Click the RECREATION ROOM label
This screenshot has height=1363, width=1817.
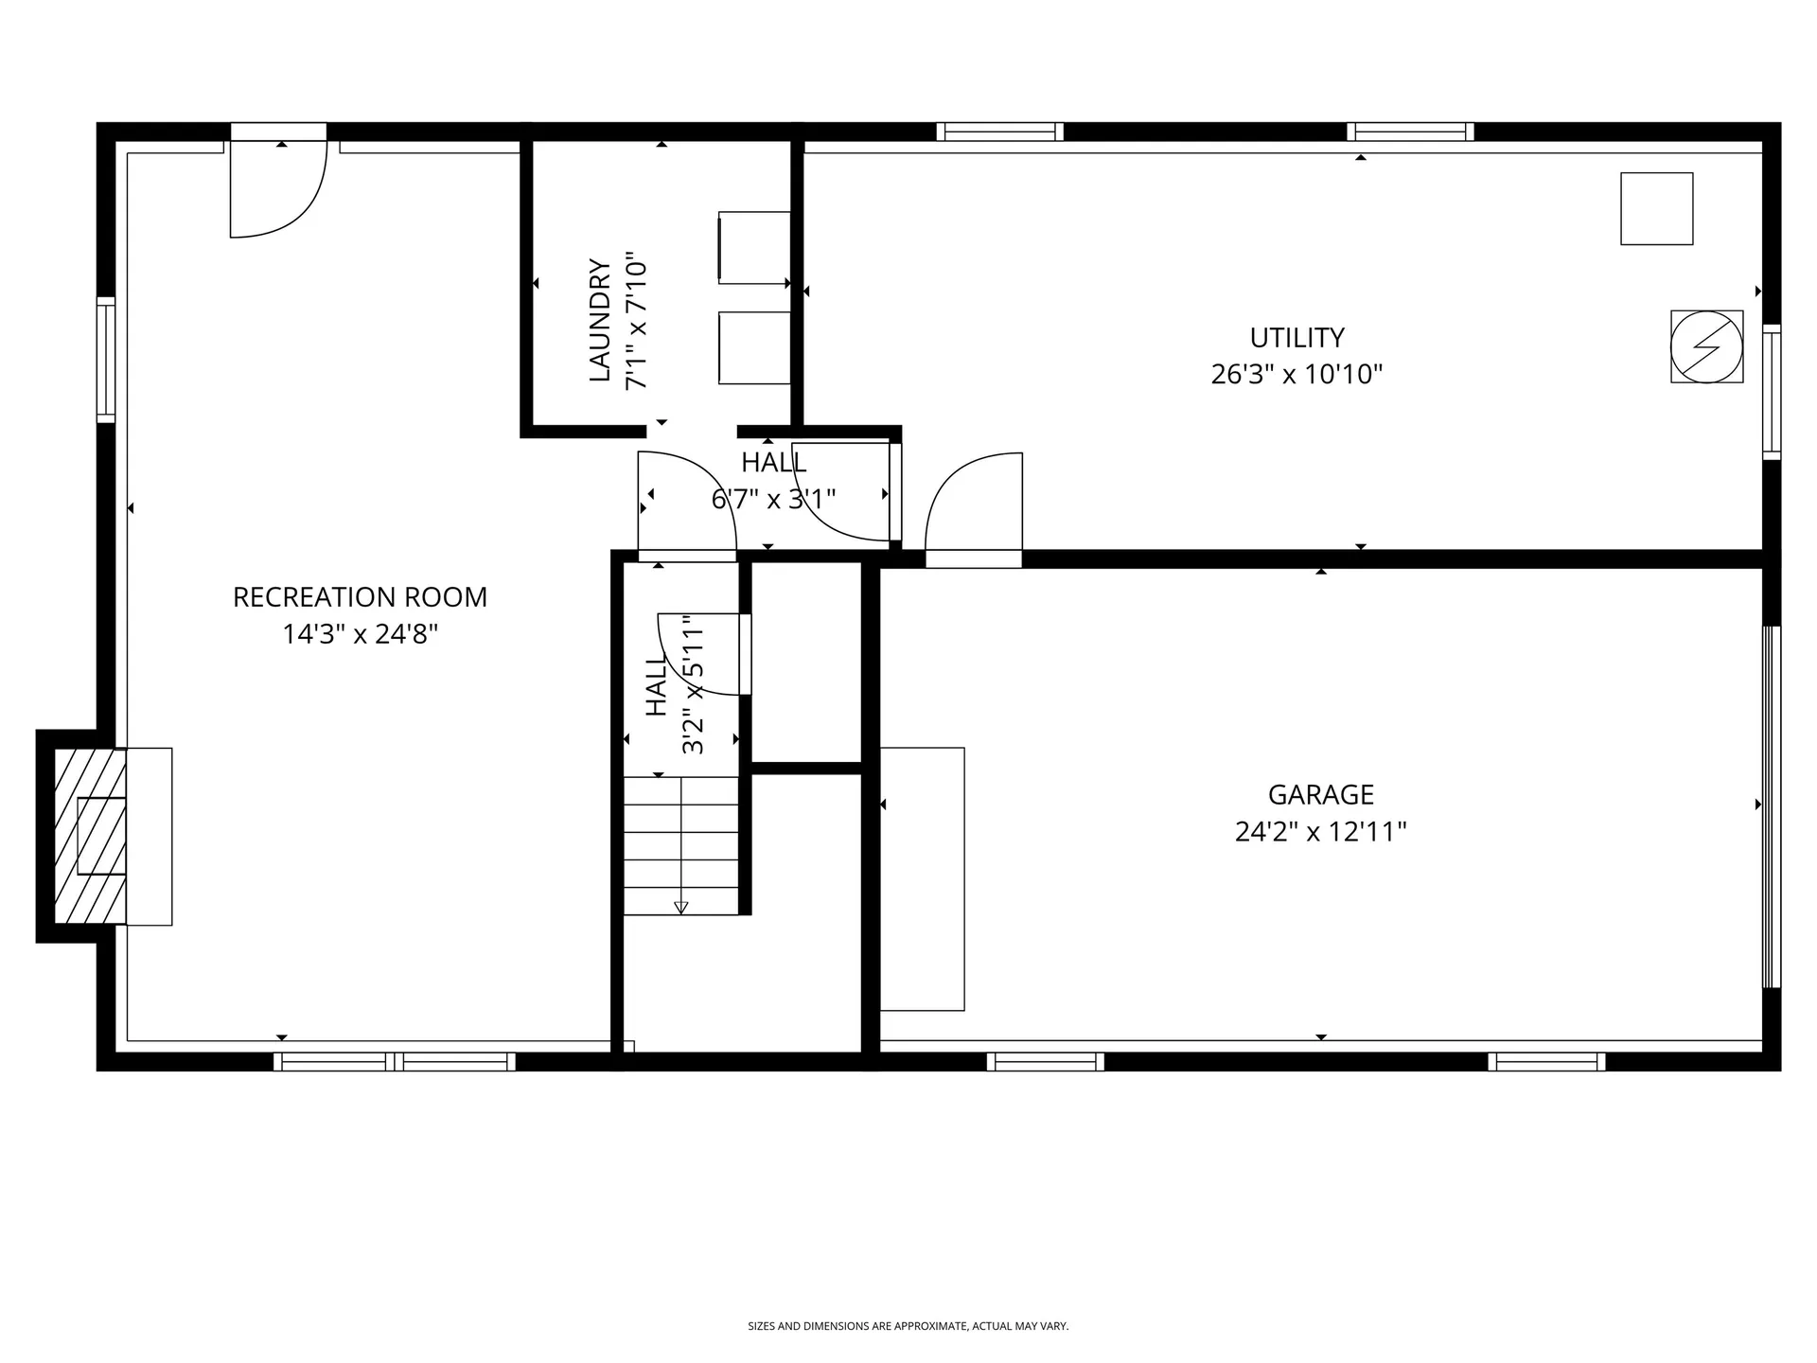(x=360, y=597)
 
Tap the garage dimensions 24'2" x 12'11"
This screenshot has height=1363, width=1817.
(x=1320, y=832)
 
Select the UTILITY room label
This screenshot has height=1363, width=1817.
(x=1297, y=338)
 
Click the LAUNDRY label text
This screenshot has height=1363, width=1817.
(x=600, y=320)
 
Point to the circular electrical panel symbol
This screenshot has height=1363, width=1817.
(x=1706, y=346)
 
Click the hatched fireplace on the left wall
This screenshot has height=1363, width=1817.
(x=90, y=836)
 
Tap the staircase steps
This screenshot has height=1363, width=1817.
(x=680, y=842)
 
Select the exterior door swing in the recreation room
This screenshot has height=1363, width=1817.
(x=277, y=189)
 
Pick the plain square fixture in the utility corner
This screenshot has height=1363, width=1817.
(x=1656, y=208)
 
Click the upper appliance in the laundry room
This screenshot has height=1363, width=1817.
(x=754, y=247)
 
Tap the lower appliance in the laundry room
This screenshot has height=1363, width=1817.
(x=754, y=347)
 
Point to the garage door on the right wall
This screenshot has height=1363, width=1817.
(x=1771, y=806)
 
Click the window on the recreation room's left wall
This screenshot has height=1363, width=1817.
(x=106, y=360)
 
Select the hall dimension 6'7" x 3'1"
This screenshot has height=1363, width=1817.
(x=773, y=499)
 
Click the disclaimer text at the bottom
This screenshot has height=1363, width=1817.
(x=908, y=1326)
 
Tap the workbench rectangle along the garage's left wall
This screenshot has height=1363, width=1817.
(x=922, y=878)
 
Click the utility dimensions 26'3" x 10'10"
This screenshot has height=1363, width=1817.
(x=1297, y=375)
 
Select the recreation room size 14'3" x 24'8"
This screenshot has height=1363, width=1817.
(x=360, y=634)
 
